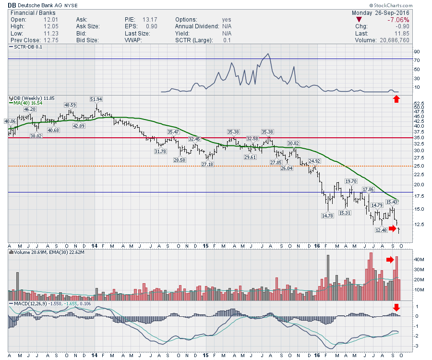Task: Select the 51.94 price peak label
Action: coord(96,99)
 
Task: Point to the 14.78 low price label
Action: coord(327,216)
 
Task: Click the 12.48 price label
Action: coord(381,230)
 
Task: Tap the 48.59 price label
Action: coord(70,105)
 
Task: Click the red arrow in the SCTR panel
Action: coord(396,99)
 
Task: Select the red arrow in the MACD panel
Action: coord(396,307)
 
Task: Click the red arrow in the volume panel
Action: coord(390,260)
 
